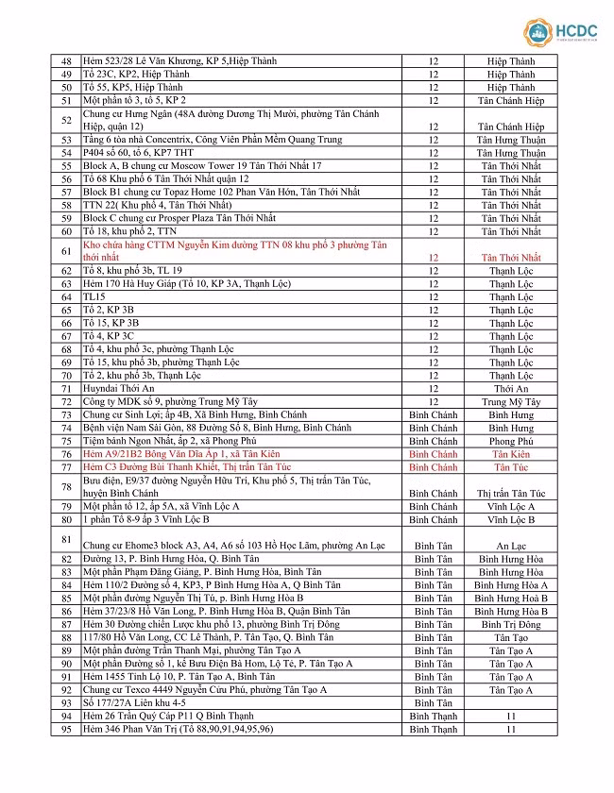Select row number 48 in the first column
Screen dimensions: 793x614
(66, 61)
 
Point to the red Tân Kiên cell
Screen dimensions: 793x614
(511, 454)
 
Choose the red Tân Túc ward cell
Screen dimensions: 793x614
(511, 467)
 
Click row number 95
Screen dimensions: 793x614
(66, 730)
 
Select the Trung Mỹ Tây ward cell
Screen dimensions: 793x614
(511, 401)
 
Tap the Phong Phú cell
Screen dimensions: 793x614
(511, 441)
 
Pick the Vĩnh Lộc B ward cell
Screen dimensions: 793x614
(511, 519)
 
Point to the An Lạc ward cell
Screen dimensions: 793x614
(511, 546)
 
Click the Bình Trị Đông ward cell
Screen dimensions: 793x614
(511, 624)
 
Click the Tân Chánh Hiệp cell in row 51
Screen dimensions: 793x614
(511, 100)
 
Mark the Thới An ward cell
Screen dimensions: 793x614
(511, 388)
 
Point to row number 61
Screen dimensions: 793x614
(66, 251)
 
